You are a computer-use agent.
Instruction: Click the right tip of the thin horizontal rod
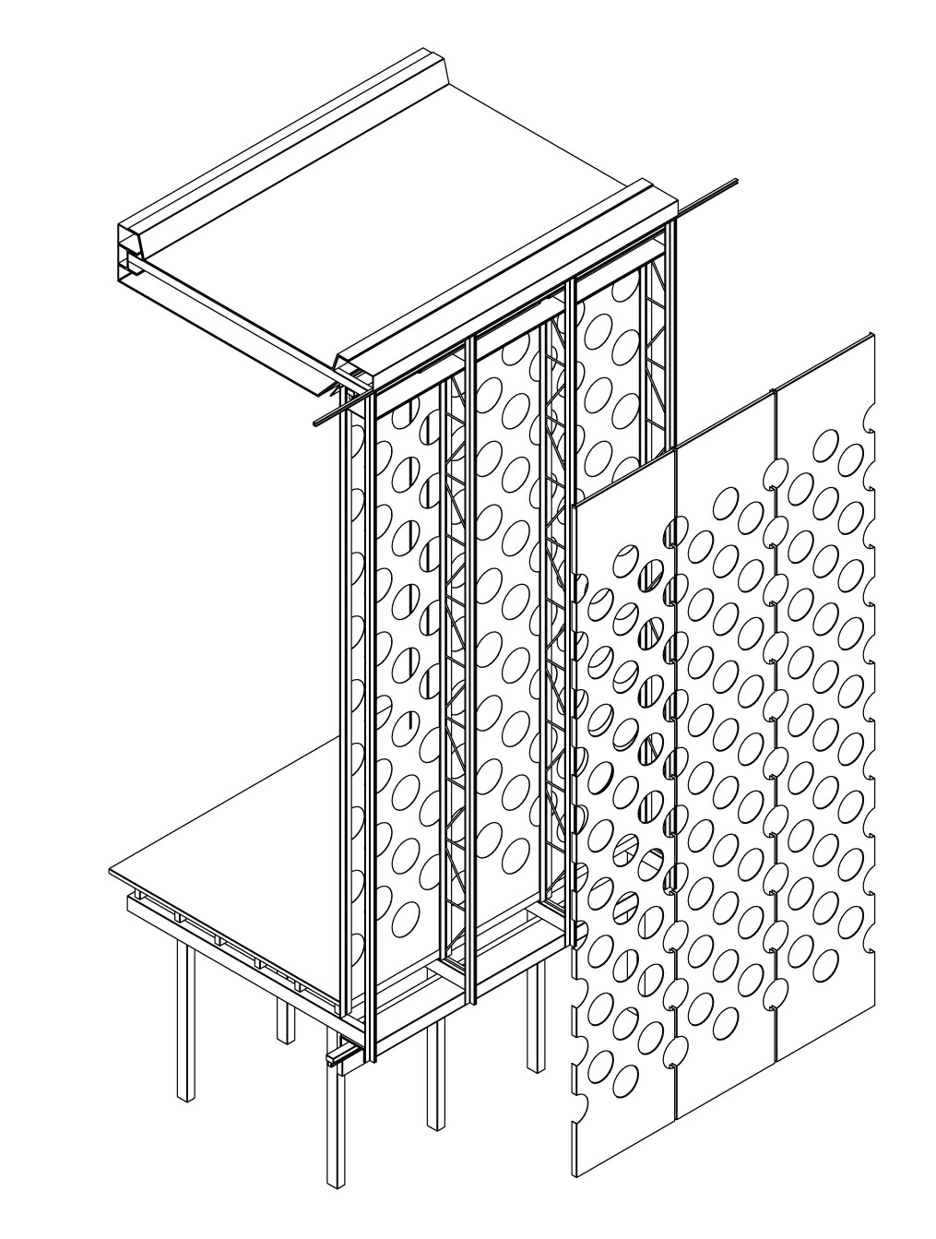736,181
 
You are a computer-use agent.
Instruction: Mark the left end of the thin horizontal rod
317,423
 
